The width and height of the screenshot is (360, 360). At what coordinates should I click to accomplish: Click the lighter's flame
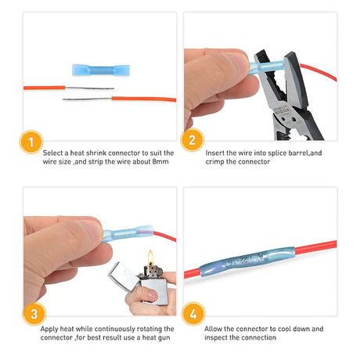(149, 259)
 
